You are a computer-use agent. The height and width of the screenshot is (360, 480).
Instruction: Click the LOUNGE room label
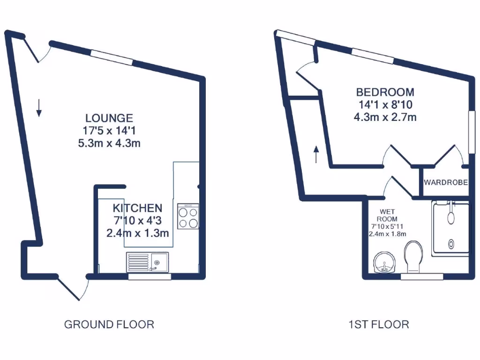[109, 118]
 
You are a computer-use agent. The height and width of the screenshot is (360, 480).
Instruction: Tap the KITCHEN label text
[137, 208]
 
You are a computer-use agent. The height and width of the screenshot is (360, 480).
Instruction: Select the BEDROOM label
[385, 92]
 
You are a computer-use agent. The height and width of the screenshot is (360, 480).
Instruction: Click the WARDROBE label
[445, 182]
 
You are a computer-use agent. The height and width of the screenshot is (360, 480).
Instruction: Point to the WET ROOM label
[387, 215]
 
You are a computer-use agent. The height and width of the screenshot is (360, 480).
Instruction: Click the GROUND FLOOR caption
[109, 324]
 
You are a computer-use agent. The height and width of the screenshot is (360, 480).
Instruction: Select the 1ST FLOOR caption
[378, 324]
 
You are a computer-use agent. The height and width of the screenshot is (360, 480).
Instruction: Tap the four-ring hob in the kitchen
[188, 217]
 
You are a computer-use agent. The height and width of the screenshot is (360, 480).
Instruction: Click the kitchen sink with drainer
[147, 262]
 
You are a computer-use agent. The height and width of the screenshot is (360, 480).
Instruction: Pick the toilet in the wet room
[413, 256]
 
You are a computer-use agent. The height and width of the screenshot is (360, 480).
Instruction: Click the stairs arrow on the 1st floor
[316, 154]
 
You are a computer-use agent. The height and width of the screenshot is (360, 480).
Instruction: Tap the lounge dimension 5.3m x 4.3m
[109, 143]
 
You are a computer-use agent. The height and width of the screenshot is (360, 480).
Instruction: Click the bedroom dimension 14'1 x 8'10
[385, 105]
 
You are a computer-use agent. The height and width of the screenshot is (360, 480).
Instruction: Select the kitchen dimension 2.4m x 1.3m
[137, 233]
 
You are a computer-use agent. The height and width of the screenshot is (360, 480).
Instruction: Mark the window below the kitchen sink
[150, 277]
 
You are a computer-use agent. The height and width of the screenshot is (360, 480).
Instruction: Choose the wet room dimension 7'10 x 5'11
[387, 226]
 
